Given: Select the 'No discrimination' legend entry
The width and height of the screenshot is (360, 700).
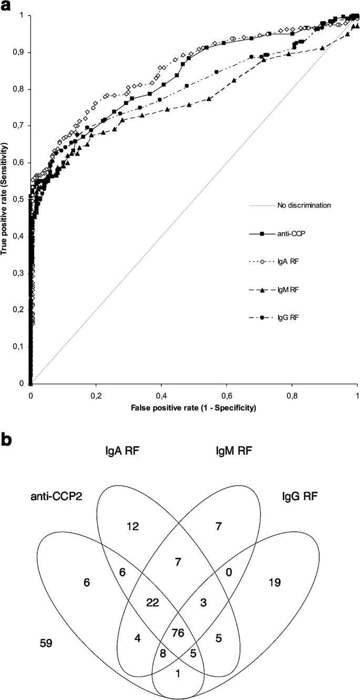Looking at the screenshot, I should coord(304,205).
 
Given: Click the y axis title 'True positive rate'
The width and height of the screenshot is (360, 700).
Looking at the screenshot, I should coord(5,200).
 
